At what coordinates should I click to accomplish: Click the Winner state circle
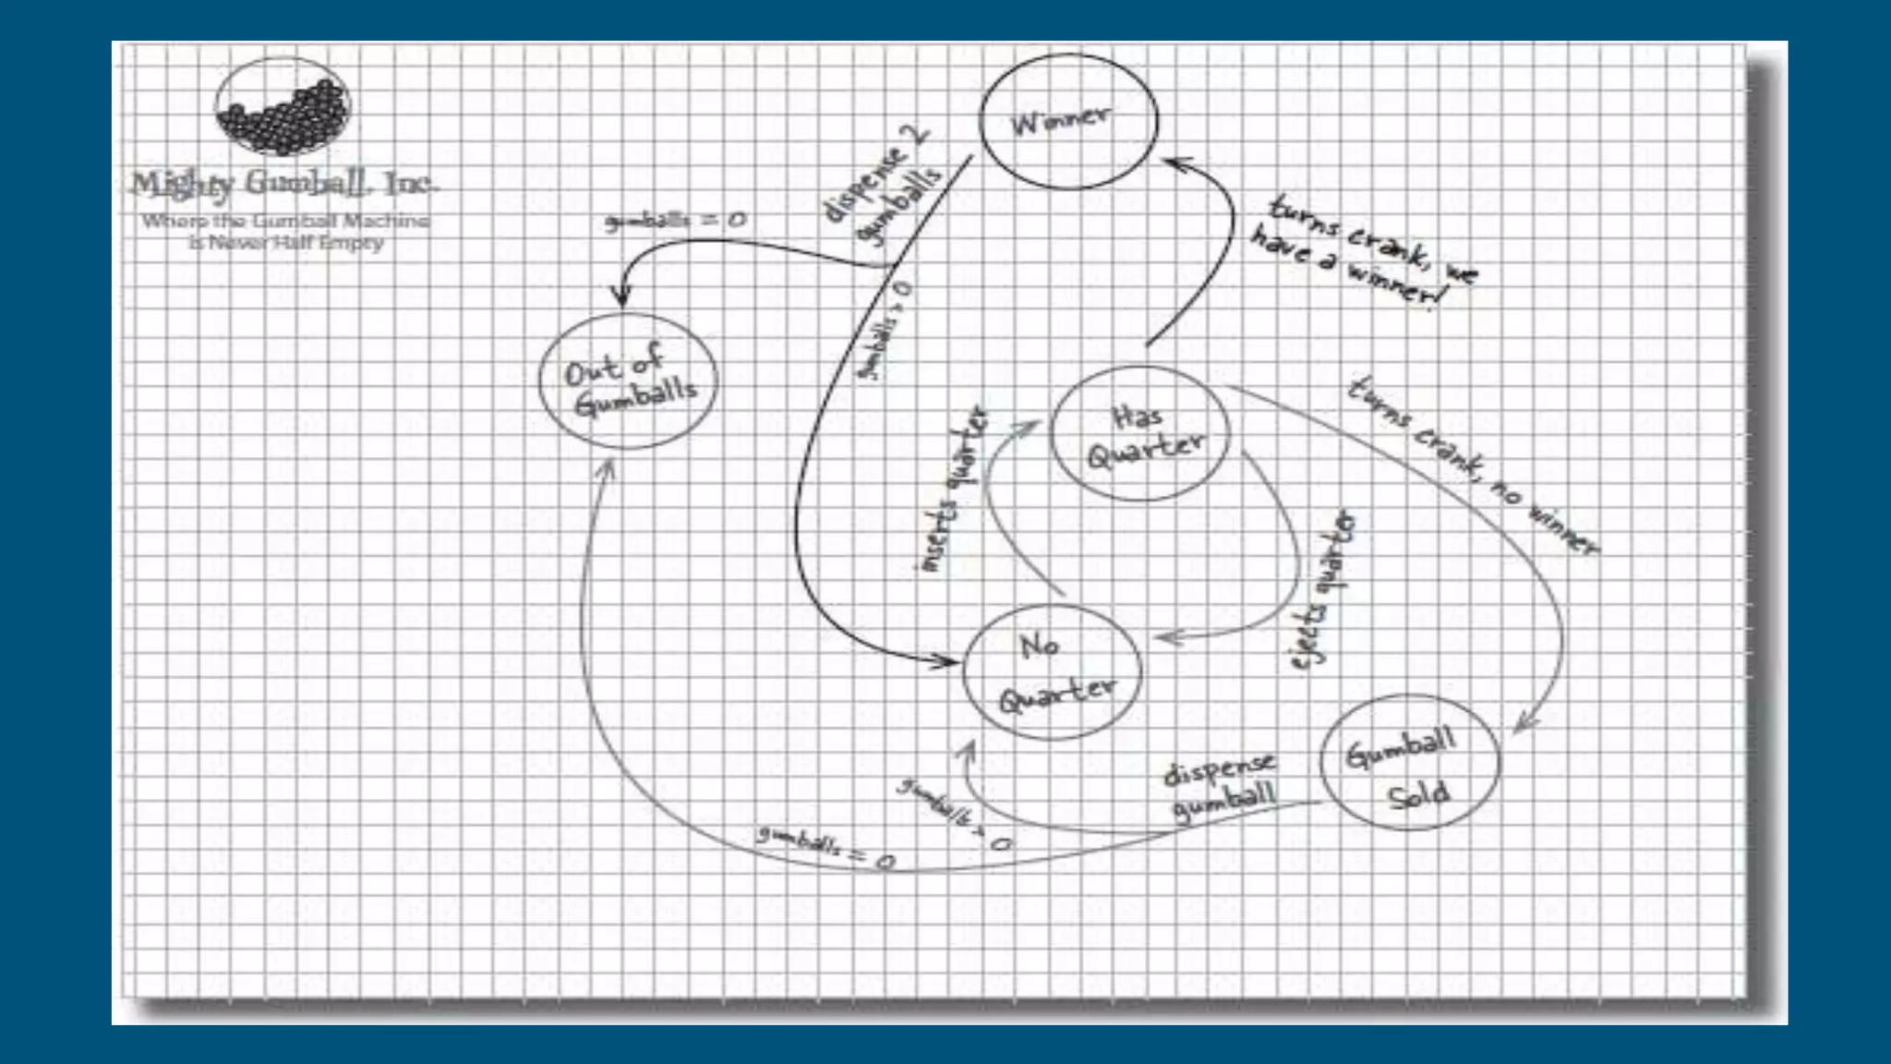pyautogui.click(x=1067, y=122)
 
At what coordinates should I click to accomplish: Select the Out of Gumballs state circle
pyautogui.click(x=628, y=381)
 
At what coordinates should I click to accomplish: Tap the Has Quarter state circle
pyautogui.click(x=1141, y=433)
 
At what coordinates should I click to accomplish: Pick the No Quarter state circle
pyautogui.click(x=1052, y=671)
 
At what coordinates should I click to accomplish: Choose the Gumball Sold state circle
pyautogui.click(x=1409, y=762)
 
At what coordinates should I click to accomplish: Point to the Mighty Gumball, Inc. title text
pyautogui.click(x=283, y=184)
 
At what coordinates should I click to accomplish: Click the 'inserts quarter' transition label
pyautogui.click(x=953, y=490)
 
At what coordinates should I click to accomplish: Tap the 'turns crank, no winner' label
pyautogui.click(x=1472, y=465)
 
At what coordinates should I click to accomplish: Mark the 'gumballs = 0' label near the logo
pyautogui.click(x=675, y=221)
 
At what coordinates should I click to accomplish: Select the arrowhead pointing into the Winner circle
pyautogui.click(x=1174, y=164)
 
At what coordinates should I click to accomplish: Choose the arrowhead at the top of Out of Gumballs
pyautogui.click(x=621, y=297)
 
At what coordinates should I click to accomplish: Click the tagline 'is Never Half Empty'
pyautogui.click(x=285, y=242)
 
